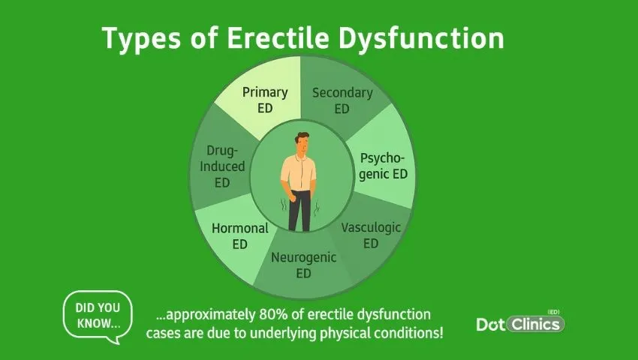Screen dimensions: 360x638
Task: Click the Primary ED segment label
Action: click(264, 100)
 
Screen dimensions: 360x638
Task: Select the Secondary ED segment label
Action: click(342, 100)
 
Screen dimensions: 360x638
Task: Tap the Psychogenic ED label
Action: click(384, 166)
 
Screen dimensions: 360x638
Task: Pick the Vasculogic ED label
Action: click(371, 235)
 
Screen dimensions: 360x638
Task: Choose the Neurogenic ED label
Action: click(303, 265)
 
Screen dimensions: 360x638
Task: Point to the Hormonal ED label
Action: click(240, 235)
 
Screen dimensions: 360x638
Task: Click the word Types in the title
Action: click(135, 38)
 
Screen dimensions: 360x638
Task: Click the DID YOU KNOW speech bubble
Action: click(98, 316)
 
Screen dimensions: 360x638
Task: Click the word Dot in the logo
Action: click(492, 325)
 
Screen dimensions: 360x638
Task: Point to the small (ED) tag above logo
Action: click(554, 310)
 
